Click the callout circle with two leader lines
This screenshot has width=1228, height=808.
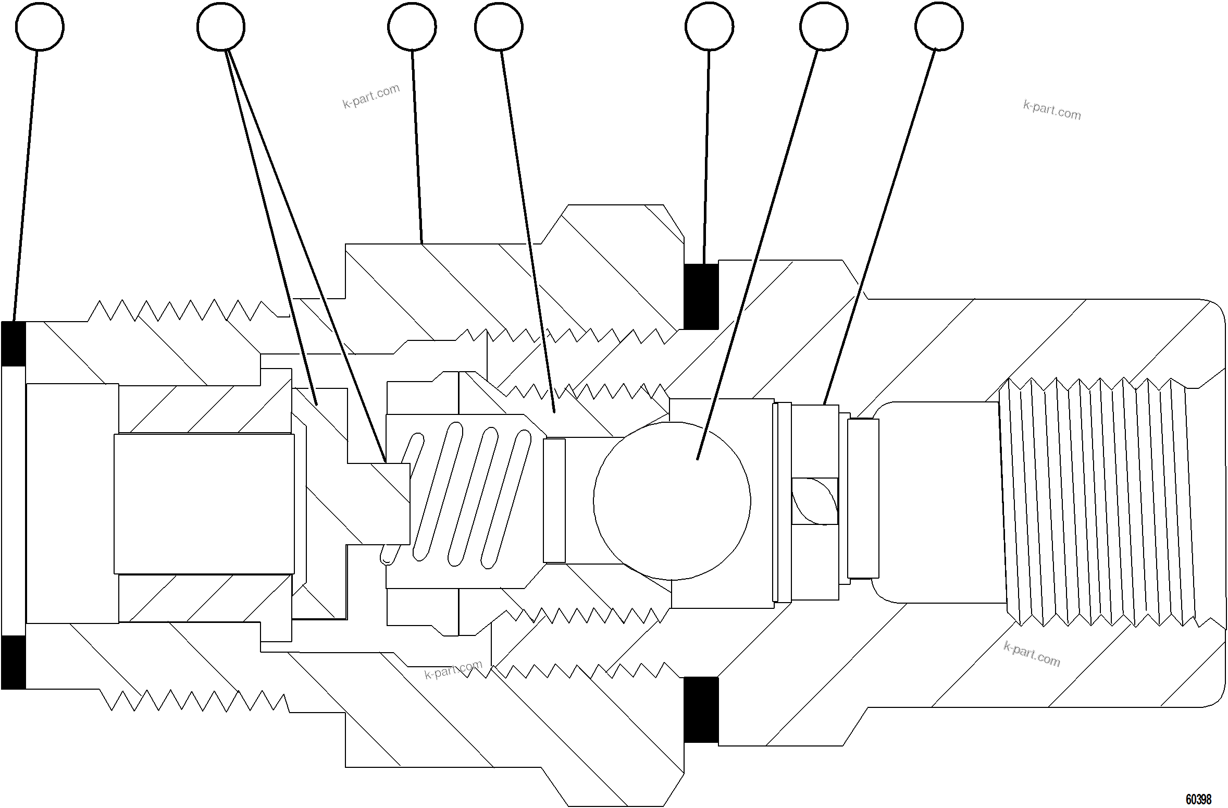pos(221,27)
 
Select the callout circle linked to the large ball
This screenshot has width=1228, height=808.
pos(824,27)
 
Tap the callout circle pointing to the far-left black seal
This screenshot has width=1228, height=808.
pos(40,27)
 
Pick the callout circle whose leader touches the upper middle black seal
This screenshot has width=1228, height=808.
pos(709,27)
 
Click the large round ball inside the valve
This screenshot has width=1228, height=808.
pos(672,501)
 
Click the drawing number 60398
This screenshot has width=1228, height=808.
pos(1198,799)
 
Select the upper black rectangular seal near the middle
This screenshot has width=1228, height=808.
pos(701,296)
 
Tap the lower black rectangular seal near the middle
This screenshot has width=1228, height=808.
pos(701,709)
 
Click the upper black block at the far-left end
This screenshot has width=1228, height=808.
pos(14,344)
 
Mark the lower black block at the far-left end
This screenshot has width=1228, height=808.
pos(14,662)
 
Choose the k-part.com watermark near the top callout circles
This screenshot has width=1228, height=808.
pos(371,96)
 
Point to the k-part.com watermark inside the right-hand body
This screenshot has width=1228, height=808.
pos(1032,654)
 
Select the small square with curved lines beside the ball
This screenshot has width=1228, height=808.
pos(814,501)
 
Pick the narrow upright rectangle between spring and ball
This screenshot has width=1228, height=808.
pos(554,500)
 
